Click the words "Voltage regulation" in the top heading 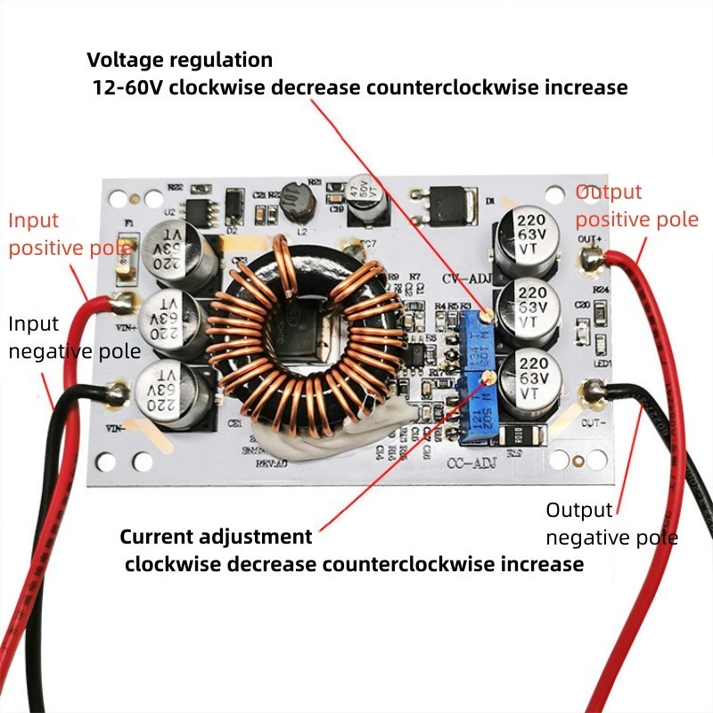point(179,61)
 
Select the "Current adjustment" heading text point(217,537)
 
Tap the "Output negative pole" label point(611,523)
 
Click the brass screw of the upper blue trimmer point(486,315)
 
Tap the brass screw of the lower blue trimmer point(488,378)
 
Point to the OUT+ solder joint point(589,260)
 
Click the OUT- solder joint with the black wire point(593,390)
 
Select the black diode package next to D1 point(443,203)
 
